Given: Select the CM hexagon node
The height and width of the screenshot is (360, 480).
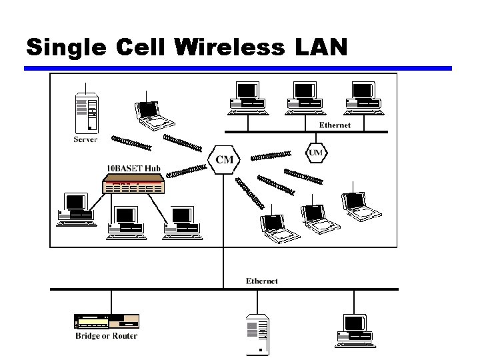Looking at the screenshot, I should (x=225, y=159).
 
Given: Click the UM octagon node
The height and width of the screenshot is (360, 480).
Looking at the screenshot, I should (x=315, y=153).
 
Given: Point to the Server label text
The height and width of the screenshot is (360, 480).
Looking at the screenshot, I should (x=85, y=139).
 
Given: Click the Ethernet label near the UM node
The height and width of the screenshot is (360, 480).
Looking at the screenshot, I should (x=335, y=125).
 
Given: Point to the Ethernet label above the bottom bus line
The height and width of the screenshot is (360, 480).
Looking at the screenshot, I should (x=262, y=281).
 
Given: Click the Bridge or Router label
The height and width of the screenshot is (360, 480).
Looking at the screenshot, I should (x=106, y=336).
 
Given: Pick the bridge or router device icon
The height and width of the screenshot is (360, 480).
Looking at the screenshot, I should (x=106, y=321).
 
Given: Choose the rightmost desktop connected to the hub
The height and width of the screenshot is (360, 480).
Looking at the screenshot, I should (x=179, y=221).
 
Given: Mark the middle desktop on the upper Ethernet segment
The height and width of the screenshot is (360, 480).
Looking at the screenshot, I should (x=304, y=96).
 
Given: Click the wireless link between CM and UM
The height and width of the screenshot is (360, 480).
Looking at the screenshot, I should (x=270, y=156).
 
